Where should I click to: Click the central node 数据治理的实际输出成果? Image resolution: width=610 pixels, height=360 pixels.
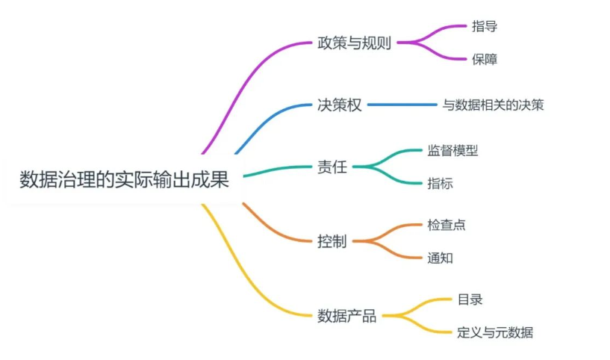tap(123, 180)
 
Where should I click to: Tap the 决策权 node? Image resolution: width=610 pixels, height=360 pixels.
tap(339, 105)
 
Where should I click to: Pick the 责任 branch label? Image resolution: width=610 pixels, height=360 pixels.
tap(332, 167)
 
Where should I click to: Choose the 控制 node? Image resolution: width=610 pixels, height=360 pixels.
tap(332, 241)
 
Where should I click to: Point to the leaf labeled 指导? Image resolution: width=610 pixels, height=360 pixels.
tap(484, 26)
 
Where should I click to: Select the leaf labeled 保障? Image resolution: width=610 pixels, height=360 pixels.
tap(484, 59)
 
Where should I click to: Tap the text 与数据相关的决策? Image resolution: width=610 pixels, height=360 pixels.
tap(494, 105)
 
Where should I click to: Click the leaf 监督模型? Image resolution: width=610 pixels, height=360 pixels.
tap(452, 150)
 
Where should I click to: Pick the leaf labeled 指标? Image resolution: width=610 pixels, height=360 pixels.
tap(440, 183)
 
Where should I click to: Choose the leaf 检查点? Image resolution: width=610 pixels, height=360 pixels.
tap(446, 225)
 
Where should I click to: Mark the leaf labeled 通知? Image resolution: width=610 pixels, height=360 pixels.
tap(440, 258)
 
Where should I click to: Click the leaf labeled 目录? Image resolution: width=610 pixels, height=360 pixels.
tap(470, 300)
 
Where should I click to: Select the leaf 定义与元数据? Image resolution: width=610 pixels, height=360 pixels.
tap(495, 332)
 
